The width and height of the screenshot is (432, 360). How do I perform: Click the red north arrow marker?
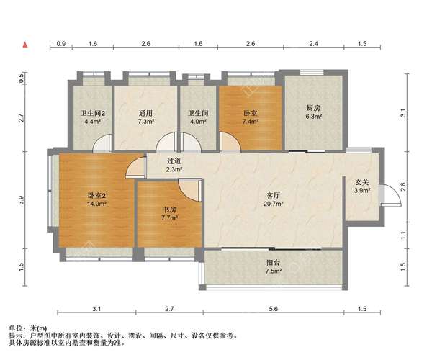25,45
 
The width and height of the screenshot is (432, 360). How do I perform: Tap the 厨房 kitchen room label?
313,108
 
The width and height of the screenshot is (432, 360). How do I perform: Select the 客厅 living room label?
274,196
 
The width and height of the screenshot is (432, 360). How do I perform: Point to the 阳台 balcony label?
274,263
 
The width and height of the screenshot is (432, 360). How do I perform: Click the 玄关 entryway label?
362,182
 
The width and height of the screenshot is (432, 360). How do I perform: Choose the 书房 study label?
169,210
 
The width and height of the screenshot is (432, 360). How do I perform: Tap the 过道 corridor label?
174,161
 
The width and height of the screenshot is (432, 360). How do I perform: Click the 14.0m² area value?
96,204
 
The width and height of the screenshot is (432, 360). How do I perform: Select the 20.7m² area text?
274,204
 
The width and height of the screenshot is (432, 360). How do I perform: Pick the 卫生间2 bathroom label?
93,113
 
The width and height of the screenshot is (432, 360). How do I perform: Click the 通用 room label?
145,113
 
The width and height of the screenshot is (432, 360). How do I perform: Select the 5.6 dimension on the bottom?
274,309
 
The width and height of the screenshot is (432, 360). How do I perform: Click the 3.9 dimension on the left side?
22,200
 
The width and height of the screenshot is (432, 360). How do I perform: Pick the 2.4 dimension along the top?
313,43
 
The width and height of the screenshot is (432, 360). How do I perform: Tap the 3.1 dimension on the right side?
403,113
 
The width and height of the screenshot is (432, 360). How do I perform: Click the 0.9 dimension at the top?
61,43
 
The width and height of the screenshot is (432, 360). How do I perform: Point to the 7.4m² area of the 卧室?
251,121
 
